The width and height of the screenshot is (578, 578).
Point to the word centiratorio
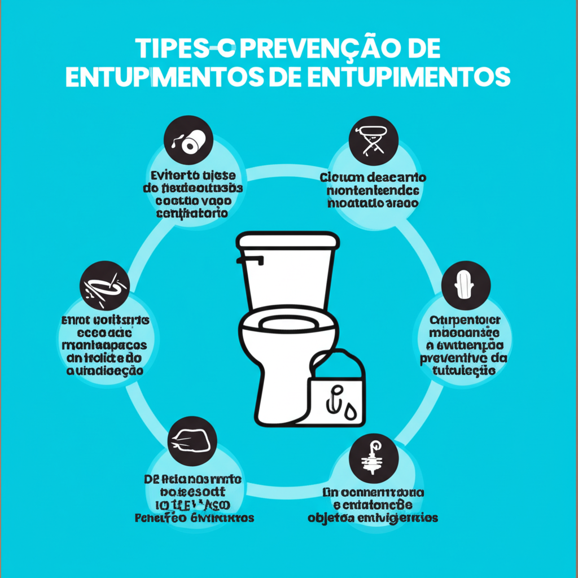[x=192, y=213]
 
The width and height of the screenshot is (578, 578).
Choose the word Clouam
[x=340, y=177]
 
